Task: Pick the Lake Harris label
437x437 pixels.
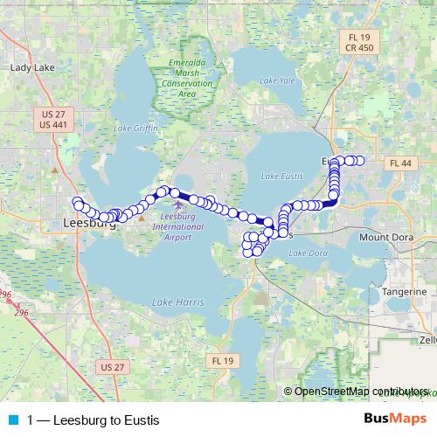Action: pos(177,302)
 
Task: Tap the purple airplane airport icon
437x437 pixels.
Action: pos(179,205)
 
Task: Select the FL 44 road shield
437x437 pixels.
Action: pos(401,163)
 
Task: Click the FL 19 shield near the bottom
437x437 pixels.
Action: pos(219,360)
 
